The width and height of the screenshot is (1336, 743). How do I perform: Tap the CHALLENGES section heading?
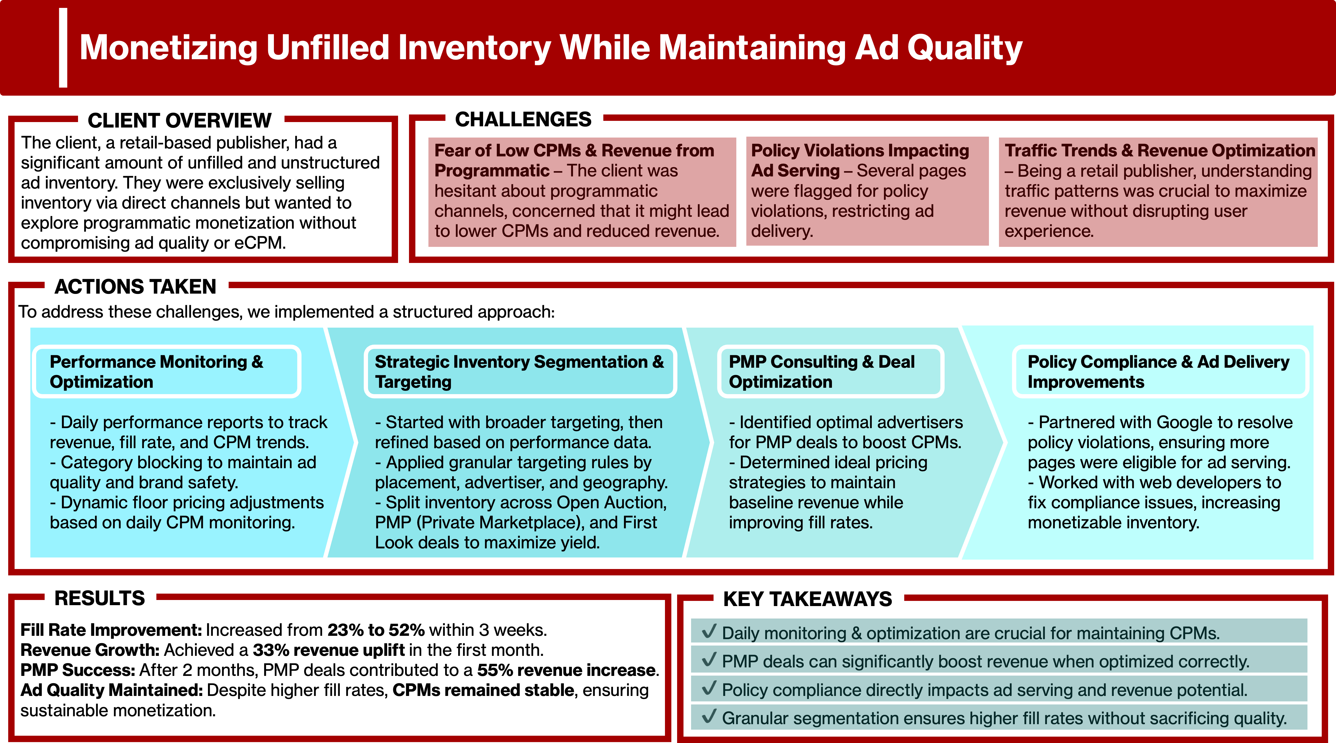[523, 120]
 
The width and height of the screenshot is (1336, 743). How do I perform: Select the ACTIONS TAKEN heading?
[135, 287]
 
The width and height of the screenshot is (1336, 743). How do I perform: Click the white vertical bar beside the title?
[63, 48]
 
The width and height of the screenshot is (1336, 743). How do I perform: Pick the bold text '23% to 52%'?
[376, 630]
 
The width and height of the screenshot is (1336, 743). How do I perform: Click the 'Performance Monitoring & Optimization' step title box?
[166, 372]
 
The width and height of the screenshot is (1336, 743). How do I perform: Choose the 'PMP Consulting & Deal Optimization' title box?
[830, 372]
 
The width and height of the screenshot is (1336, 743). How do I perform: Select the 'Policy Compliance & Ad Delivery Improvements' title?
[1159, 372]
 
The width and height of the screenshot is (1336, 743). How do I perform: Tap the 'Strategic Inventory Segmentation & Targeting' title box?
[520, 372]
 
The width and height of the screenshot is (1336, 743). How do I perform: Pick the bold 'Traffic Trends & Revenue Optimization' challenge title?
[1160, 150]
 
